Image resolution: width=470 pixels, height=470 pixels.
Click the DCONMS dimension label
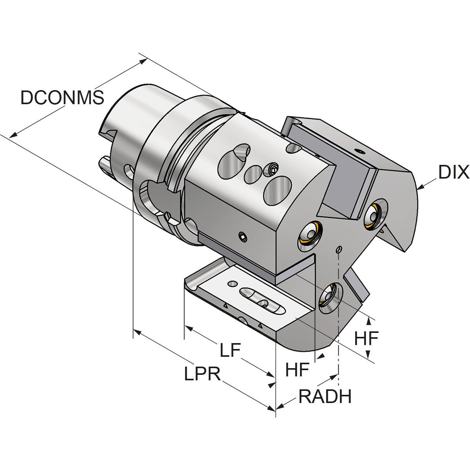[62, 98]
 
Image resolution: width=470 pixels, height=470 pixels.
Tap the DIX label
[453, 172]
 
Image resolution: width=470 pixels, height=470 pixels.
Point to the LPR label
[202, 374]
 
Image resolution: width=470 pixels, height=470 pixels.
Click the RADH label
[325, 397]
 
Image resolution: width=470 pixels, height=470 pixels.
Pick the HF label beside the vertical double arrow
[366, 338]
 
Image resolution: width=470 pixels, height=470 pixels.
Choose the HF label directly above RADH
[298, 369]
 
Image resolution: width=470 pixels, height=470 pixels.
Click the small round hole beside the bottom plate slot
[234, 283]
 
